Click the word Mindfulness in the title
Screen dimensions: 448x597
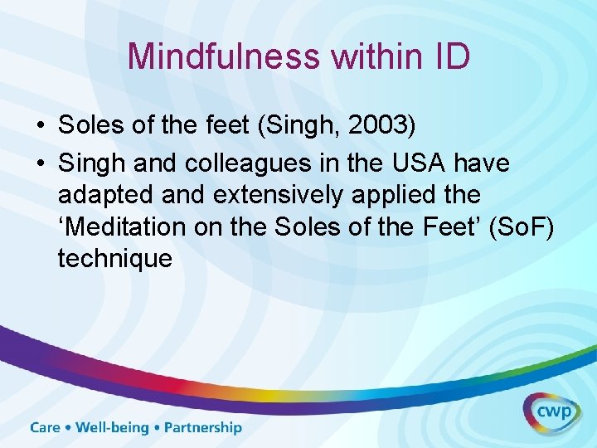(x=225, y=56)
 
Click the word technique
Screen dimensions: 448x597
(x=114, y=258)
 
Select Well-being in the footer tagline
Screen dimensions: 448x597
(x=112, y=428)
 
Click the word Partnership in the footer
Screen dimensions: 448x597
(x=203, y=428)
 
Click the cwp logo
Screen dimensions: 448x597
(x=551, y=411)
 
